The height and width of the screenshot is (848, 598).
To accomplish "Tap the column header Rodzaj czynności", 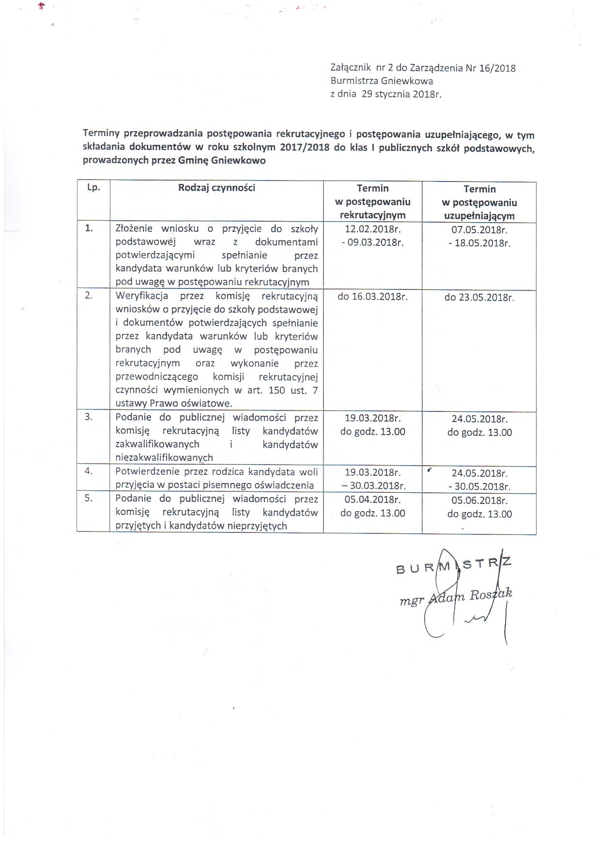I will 216,188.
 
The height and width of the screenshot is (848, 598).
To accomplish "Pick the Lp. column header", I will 93,188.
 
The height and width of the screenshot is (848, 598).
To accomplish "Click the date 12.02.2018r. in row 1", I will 372,229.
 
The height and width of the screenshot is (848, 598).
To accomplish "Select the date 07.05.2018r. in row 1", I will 479,230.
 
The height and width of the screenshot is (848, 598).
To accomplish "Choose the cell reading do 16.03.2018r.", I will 372,297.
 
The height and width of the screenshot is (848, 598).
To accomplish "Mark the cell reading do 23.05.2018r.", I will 479,298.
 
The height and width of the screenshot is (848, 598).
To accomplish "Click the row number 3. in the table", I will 89,417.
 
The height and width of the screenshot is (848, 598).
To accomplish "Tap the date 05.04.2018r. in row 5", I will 372,500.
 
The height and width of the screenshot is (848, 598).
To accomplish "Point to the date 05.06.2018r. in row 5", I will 479,500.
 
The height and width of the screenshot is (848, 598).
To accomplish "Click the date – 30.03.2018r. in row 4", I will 374,486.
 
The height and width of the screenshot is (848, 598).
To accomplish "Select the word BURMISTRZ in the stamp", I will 453,565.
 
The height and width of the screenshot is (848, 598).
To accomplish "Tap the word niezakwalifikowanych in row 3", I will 164,457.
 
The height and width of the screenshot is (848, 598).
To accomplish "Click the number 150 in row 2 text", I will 276,390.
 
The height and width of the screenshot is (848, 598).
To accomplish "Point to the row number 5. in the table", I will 89,498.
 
